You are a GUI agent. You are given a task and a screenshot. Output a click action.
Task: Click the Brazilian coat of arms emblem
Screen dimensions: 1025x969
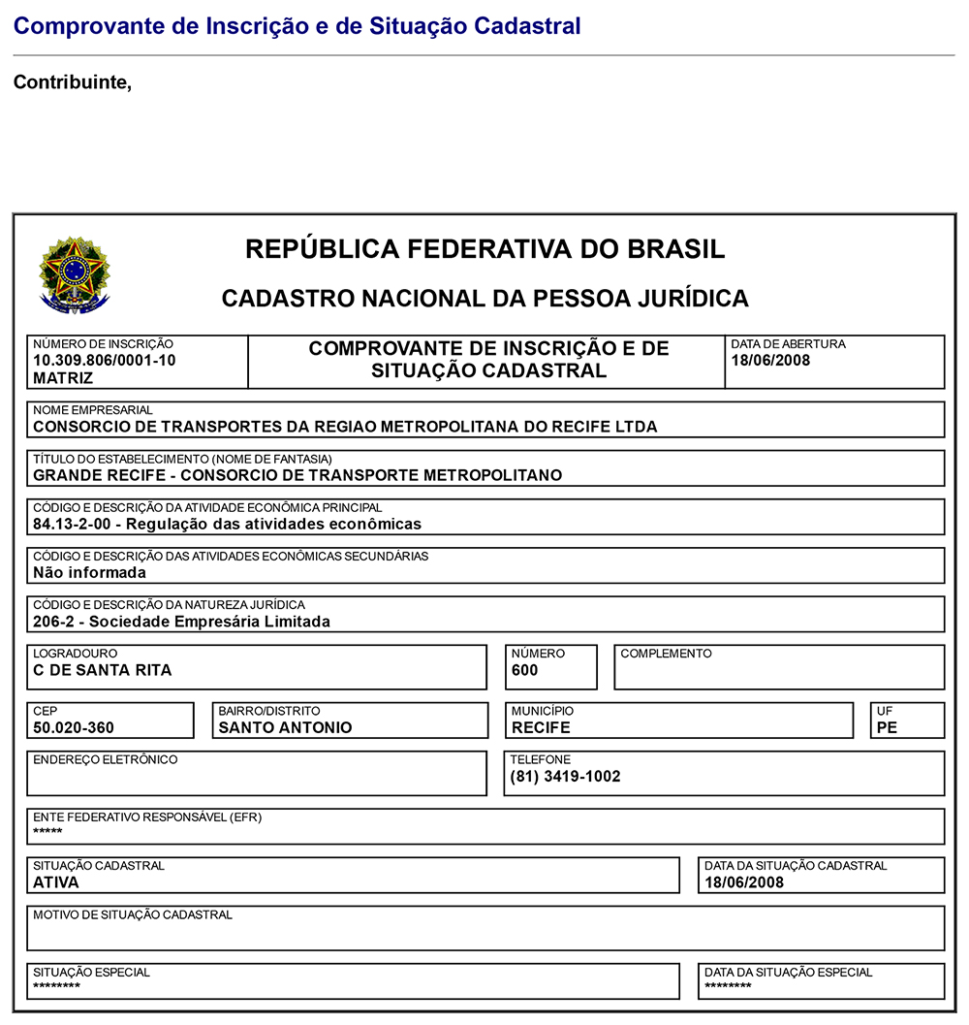(75, 274)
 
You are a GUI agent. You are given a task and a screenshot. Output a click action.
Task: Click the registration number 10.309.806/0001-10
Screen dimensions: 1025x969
(105, 361)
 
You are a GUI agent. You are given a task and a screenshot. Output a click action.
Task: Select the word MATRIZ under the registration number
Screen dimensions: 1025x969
(63, 378)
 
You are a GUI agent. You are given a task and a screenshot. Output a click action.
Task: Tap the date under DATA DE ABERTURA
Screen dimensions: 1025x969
(770, 361)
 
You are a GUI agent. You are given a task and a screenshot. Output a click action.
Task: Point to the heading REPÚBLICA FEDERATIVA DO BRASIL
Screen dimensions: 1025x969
(484, 249)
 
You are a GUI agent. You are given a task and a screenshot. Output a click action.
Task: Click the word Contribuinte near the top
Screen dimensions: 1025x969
(72, 82)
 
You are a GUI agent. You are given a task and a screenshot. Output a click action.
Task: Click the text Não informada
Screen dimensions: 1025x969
(89, 572)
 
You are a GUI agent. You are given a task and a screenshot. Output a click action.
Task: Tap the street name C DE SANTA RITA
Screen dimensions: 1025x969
(103, 670)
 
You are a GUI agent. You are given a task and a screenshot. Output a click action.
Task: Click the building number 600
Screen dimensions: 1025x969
(525, 670)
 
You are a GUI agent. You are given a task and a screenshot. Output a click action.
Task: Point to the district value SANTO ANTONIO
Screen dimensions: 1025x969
(285, 727)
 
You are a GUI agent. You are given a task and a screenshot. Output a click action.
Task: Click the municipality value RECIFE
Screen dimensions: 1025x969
(542, 727)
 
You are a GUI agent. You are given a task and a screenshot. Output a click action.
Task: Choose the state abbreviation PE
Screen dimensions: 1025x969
(887, 727)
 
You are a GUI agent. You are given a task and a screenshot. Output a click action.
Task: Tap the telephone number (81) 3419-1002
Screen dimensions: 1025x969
(566, 776)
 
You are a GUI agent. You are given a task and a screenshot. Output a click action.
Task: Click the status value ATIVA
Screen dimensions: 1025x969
(56, 882)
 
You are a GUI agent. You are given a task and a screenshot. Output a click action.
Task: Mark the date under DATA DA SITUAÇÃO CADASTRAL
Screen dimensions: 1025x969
(744, 882)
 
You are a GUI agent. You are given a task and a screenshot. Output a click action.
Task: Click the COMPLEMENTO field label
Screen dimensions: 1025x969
(666, 654)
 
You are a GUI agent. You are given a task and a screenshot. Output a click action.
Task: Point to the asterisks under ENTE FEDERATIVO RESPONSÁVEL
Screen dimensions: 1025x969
(47, 833)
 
